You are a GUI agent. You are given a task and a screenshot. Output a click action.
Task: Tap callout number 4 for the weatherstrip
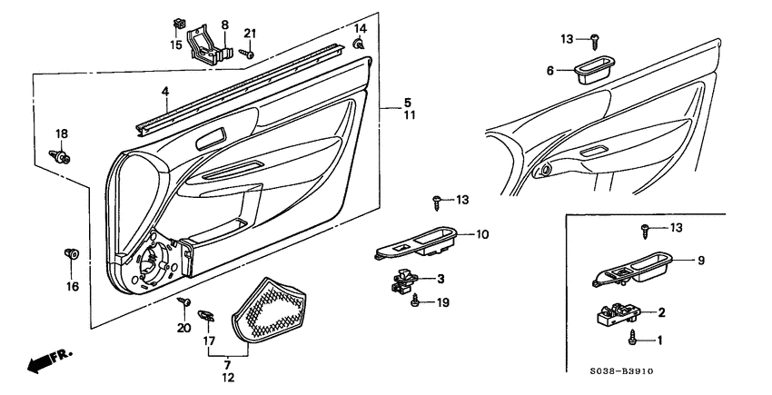coord(165,91)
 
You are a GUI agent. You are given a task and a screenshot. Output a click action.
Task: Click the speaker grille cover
coord(268,309)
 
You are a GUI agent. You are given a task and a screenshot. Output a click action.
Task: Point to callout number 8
coord(225,25)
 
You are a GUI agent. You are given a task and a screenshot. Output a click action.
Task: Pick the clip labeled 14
coord(359,44)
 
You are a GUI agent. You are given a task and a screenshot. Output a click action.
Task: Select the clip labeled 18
coord(60,157)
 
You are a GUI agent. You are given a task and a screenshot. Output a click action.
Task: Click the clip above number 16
coord(72,253)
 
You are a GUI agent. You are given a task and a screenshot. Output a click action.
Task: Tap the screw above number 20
coord(184,301)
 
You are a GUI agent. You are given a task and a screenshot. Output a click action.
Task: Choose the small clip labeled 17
coord(206,315)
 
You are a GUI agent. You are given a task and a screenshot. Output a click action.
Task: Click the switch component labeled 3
coord(405,281)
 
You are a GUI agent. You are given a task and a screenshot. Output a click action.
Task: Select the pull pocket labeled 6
coord(594,70)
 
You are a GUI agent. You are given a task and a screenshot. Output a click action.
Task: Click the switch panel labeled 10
coord(417,242)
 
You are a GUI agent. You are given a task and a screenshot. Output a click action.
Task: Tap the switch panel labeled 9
coord(632,269)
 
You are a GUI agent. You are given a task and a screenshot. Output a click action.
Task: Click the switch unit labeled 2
coord(619,314)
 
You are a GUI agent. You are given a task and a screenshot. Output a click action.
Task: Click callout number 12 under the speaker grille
coord(228,378)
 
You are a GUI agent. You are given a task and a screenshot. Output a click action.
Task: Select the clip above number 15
coord(178,23)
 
